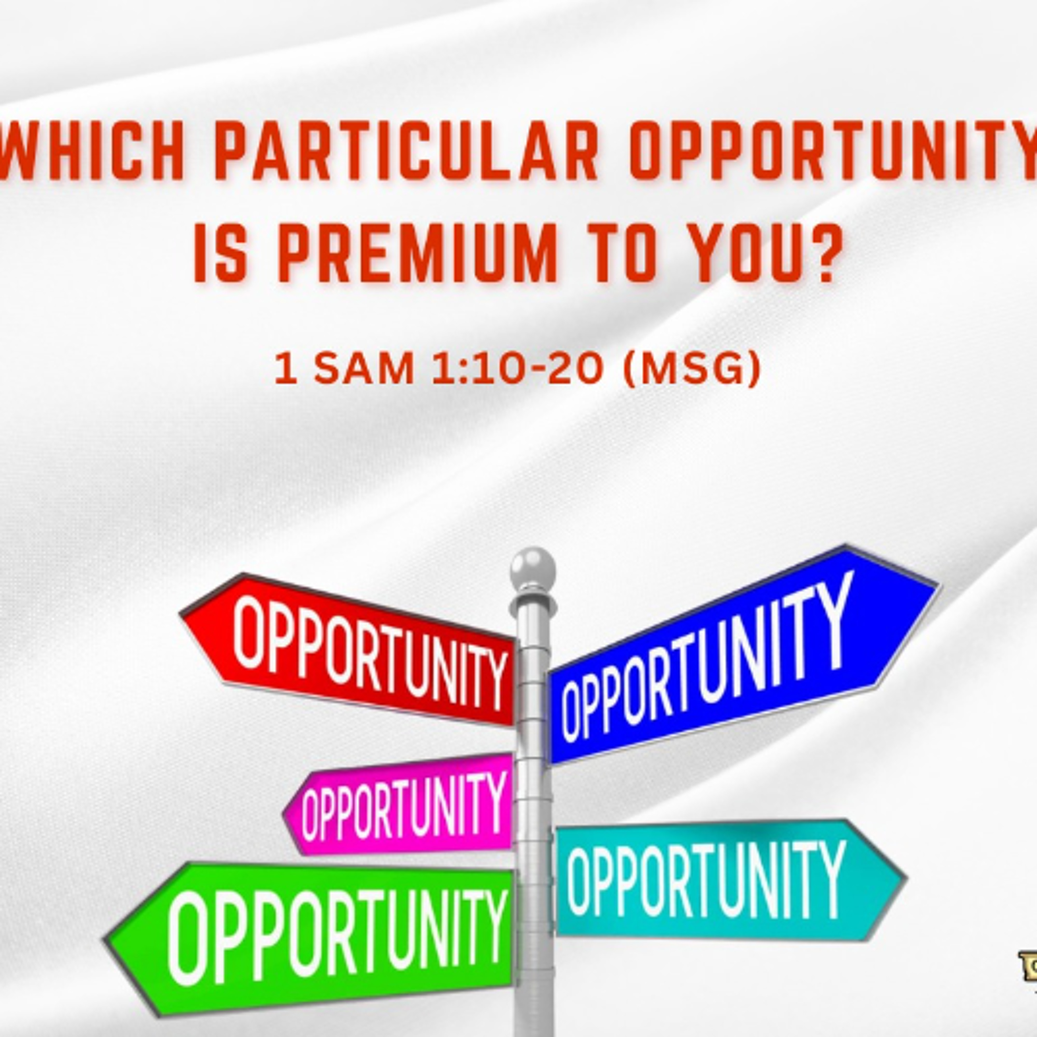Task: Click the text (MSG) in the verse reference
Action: coord(692,369)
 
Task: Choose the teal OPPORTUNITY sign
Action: coord(709,880)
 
